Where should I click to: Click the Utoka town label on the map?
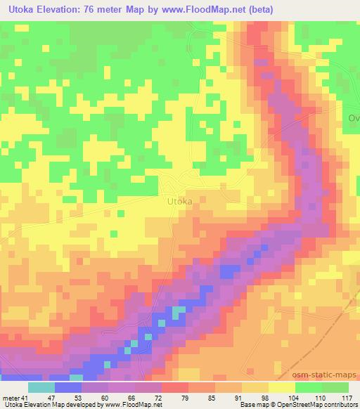click(x=179, y=202)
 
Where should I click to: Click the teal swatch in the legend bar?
click(x=41, y=387)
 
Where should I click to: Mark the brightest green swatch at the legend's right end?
click(x=335, y=387)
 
